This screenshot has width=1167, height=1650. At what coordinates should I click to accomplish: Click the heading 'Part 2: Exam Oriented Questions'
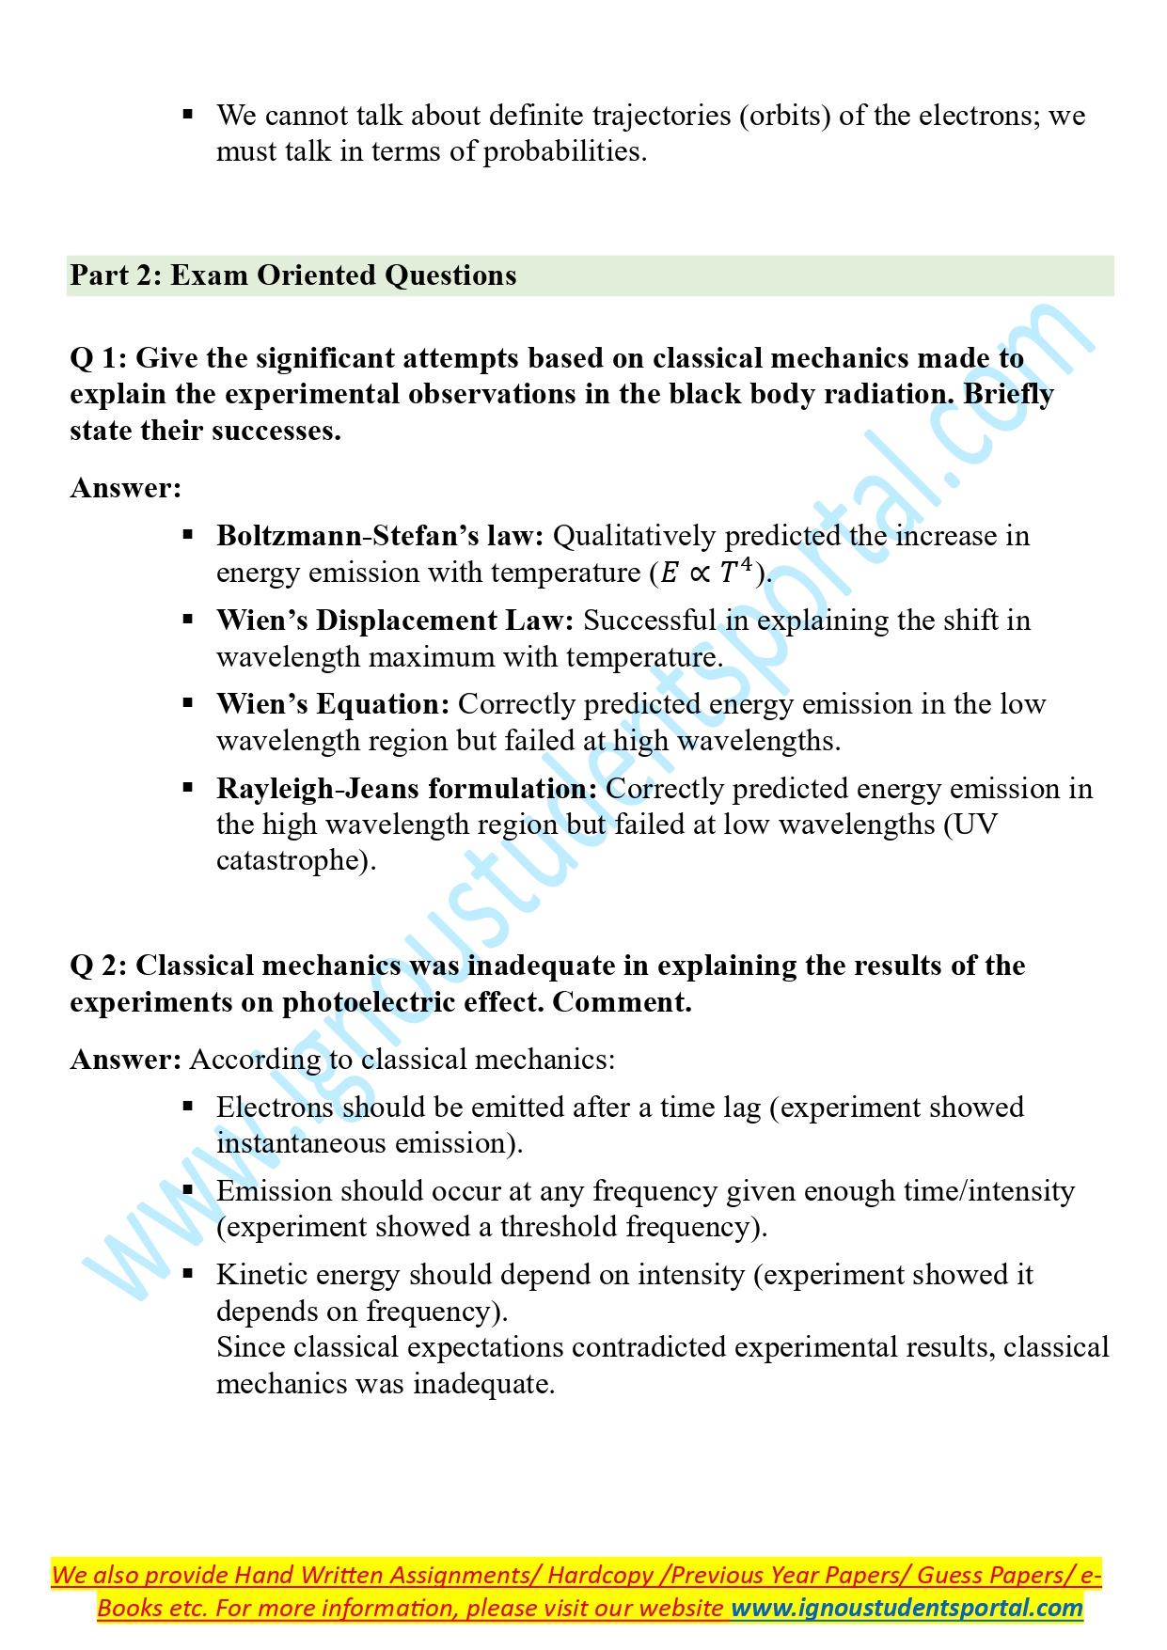pos(292,275)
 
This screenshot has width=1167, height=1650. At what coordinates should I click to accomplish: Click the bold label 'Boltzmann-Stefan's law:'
pos(380,536)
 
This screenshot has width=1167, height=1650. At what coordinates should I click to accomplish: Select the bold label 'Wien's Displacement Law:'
pos(395,621)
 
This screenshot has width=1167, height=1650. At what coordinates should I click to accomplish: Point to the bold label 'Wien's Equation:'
pos(333,704)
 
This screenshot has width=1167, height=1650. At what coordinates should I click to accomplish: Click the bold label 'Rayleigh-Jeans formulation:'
pos(406,789)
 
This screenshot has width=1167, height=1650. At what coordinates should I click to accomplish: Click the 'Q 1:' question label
pos(99,358)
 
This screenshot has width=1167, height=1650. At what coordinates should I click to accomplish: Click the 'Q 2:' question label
pos(99,966)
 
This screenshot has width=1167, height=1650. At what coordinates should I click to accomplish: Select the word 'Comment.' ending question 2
pos(622,1002)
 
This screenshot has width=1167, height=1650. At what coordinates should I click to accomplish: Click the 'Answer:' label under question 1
pos(125,488)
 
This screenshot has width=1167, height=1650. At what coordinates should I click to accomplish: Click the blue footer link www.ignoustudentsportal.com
pos(907,1607)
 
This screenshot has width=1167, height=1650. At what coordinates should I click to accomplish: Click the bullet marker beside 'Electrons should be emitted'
pos(188,1107)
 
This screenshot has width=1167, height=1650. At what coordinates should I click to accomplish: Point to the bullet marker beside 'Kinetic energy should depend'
pos(188,1274)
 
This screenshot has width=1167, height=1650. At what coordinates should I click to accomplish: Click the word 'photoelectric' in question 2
pos(361,1002)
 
